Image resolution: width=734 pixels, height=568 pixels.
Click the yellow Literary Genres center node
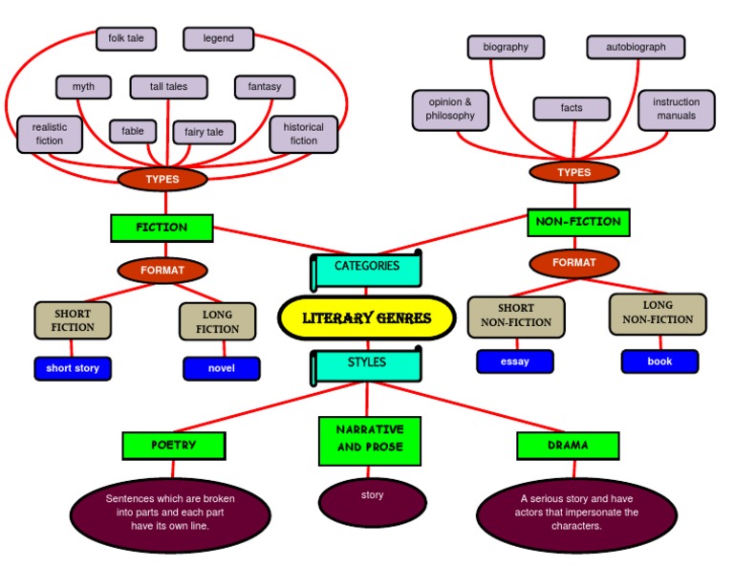coord(367,318)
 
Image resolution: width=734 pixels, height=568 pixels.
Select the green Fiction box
coord(162,228)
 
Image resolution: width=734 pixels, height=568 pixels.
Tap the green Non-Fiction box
coord(578,222)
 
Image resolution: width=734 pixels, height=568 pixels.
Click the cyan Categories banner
coord(367,267)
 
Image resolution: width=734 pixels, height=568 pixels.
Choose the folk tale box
coord(126,38)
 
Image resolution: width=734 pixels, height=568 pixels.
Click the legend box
coord(219,38)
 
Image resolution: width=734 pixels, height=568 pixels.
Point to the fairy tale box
coord(204,132)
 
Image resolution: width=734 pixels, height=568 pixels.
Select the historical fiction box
coord(304,134)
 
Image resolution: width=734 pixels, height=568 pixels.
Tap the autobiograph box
coord(636,47)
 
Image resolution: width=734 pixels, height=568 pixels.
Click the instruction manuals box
coord(677,109)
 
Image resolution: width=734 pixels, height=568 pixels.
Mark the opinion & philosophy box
coord(451,109)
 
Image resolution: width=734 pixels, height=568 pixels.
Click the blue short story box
coord(73,368)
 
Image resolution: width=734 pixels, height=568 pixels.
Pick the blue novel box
coord(222,368)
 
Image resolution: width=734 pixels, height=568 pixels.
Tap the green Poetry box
coord(174,446)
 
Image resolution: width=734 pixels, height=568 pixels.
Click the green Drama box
coord(568,446)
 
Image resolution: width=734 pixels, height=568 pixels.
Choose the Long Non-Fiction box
coord(658,314)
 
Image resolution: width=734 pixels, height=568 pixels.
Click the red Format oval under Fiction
coord(162,271)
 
